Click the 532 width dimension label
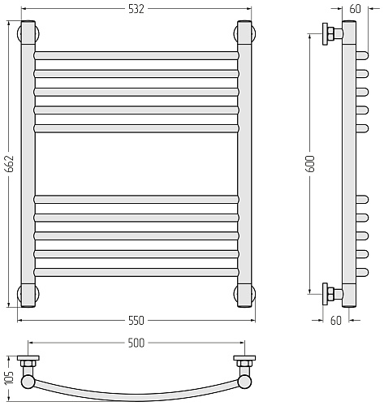click(136, 9)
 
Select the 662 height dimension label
click(10, 164)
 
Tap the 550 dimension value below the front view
click(136, 321)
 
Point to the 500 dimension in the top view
click(136, 343)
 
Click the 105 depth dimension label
click(9, 377)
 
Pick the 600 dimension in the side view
click(310, 163)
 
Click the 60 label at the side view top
click(355, 9)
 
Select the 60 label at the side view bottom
click(336, 321)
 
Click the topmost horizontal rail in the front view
click(136, 56)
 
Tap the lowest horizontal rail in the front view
click(136, 272)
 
